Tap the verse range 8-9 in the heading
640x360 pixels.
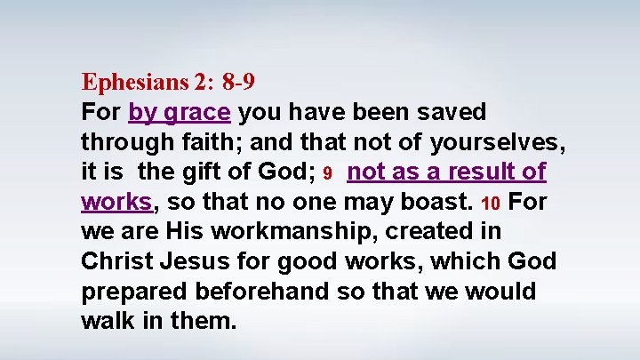point(240,83)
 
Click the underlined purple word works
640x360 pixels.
point(116,201)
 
